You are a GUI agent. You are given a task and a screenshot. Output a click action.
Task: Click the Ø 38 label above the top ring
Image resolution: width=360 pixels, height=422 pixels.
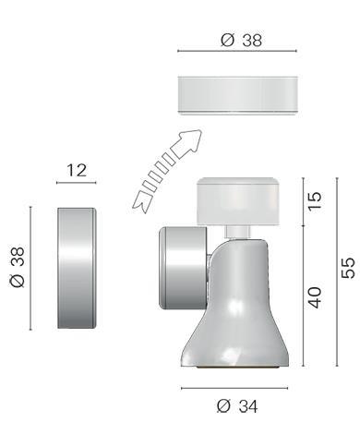pos(241,40)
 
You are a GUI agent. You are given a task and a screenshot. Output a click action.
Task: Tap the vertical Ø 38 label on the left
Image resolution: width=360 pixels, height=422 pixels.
pos(18,267)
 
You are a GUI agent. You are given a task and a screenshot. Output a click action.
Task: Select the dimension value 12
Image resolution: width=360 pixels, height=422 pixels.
pos(77,170)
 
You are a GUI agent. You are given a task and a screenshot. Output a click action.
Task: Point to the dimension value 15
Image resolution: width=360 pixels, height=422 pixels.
pos(315,201)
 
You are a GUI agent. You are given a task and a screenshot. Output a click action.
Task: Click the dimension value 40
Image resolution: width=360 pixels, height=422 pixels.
pos(315,297)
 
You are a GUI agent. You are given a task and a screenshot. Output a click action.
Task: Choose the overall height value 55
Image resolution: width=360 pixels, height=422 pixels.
pos(348,268)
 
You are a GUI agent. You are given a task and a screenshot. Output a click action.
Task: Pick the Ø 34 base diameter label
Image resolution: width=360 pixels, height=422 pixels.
pos(237,406)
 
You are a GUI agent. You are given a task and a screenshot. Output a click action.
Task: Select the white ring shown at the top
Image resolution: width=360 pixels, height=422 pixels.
pos(237,95)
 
